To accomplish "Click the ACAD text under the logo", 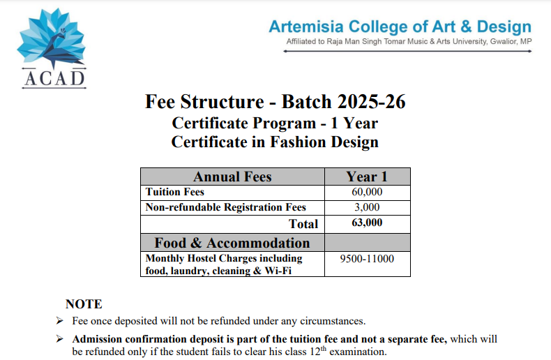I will pyautogui.click(x=54, y=77).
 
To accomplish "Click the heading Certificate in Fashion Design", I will pyautogui.click(x=275, y=142).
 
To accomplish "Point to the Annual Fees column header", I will pyautogui.click(x=232, y=177).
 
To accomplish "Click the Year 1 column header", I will pyautogui.click(x=367, y=177).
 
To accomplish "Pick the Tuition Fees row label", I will pyautogui.click(x=174, y=192).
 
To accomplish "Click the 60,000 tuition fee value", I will pyautogui.click(x=367, y=192).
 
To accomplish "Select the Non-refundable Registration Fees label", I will pyautogui.click(x=225, y=207).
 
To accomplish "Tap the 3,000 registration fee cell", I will pyautogui.click(x=367, y=207).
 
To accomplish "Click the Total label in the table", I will pyautogui.click(x=303, y=224).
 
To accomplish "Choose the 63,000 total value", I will pyautogui.click(x=367, y=223).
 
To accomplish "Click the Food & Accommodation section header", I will pyautogui.click(x=232, y=243).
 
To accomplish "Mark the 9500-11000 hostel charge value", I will pyautogui.click(x=367, y=259).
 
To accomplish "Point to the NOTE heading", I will pyautogui.click(x=84, y=304).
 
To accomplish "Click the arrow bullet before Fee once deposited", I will pyautogui.click(x=59, y=322).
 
